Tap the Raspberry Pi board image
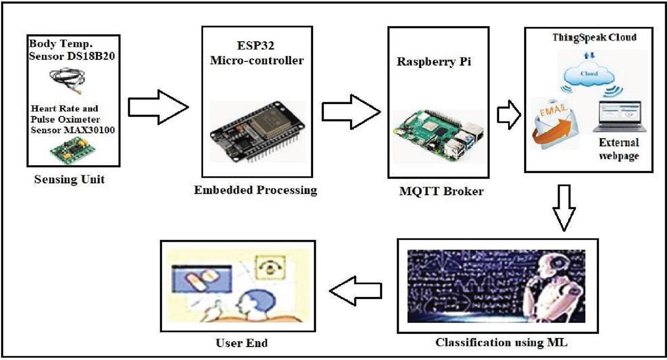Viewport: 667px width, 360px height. pos(438,135)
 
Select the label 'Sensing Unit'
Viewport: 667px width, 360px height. pos(69,180)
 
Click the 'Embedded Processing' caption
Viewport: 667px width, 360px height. pos(255,190)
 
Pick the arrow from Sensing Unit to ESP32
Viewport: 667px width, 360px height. pos(157,107)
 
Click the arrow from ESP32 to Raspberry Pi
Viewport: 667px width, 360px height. pos(351,111)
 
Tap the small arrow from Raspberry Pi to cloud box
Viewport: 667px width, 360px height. pos(509,115)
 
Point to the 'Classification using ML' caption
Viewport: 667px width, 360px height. pos(501,343)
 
